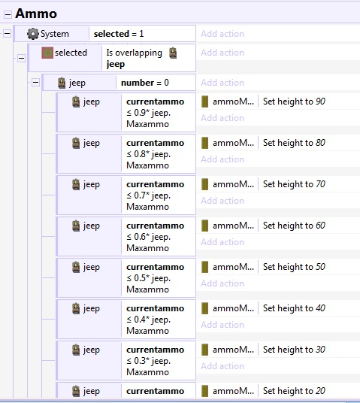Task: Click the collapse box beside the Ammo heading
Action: pyautogui.click(x=8, y=14)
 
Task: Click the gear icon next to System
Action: pyautogui.click(x=33, y=34)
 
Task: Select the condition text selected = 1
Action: pyautogui.click(x=119, y=34)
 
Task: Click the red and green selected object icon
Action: pyautogui.click(x=47, y=53)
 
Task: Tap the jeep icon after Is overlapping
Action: pyautogui.click(x=173, y=53)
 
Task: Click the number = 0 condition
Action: pyautogui.click(x=145, y=83)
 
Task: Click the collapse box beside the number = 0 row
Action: pyautogui.click(x=35, y=83)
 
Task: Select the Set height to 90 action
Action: pyautogui.click(x=294, y=102)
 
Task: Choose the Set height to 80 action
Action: pyautogui.click(x=294, y=143)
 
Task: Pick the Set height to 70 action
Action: pyautogui.click(x=294, y=184)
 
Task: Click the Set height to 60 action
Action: pyautogui.click(x=294, y=226)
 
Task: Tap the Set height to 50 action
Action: pyautogui.click(x=294, y=267)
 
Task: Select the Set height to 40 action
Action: pyautogui.click(x=294, y=308)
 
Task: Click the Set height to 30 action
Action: pyautogui.click(x=294, y=350)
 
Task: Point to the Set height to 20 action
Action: pyautogui.click(x=294, y=391)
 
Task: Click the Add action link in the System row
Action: pyautogui.click(x=222, y=34)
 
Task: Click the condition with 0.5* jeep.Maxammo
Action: pyautogui.click(x=156, y=278)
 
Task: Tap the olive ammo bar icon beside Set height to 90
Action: pyautogui.click(x=204, y=102)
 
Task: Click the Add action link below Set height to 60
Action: pyautogui.click(x=222, y=242)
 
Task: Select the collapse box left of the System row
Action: pyautogui.click(x=8, y=33)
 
